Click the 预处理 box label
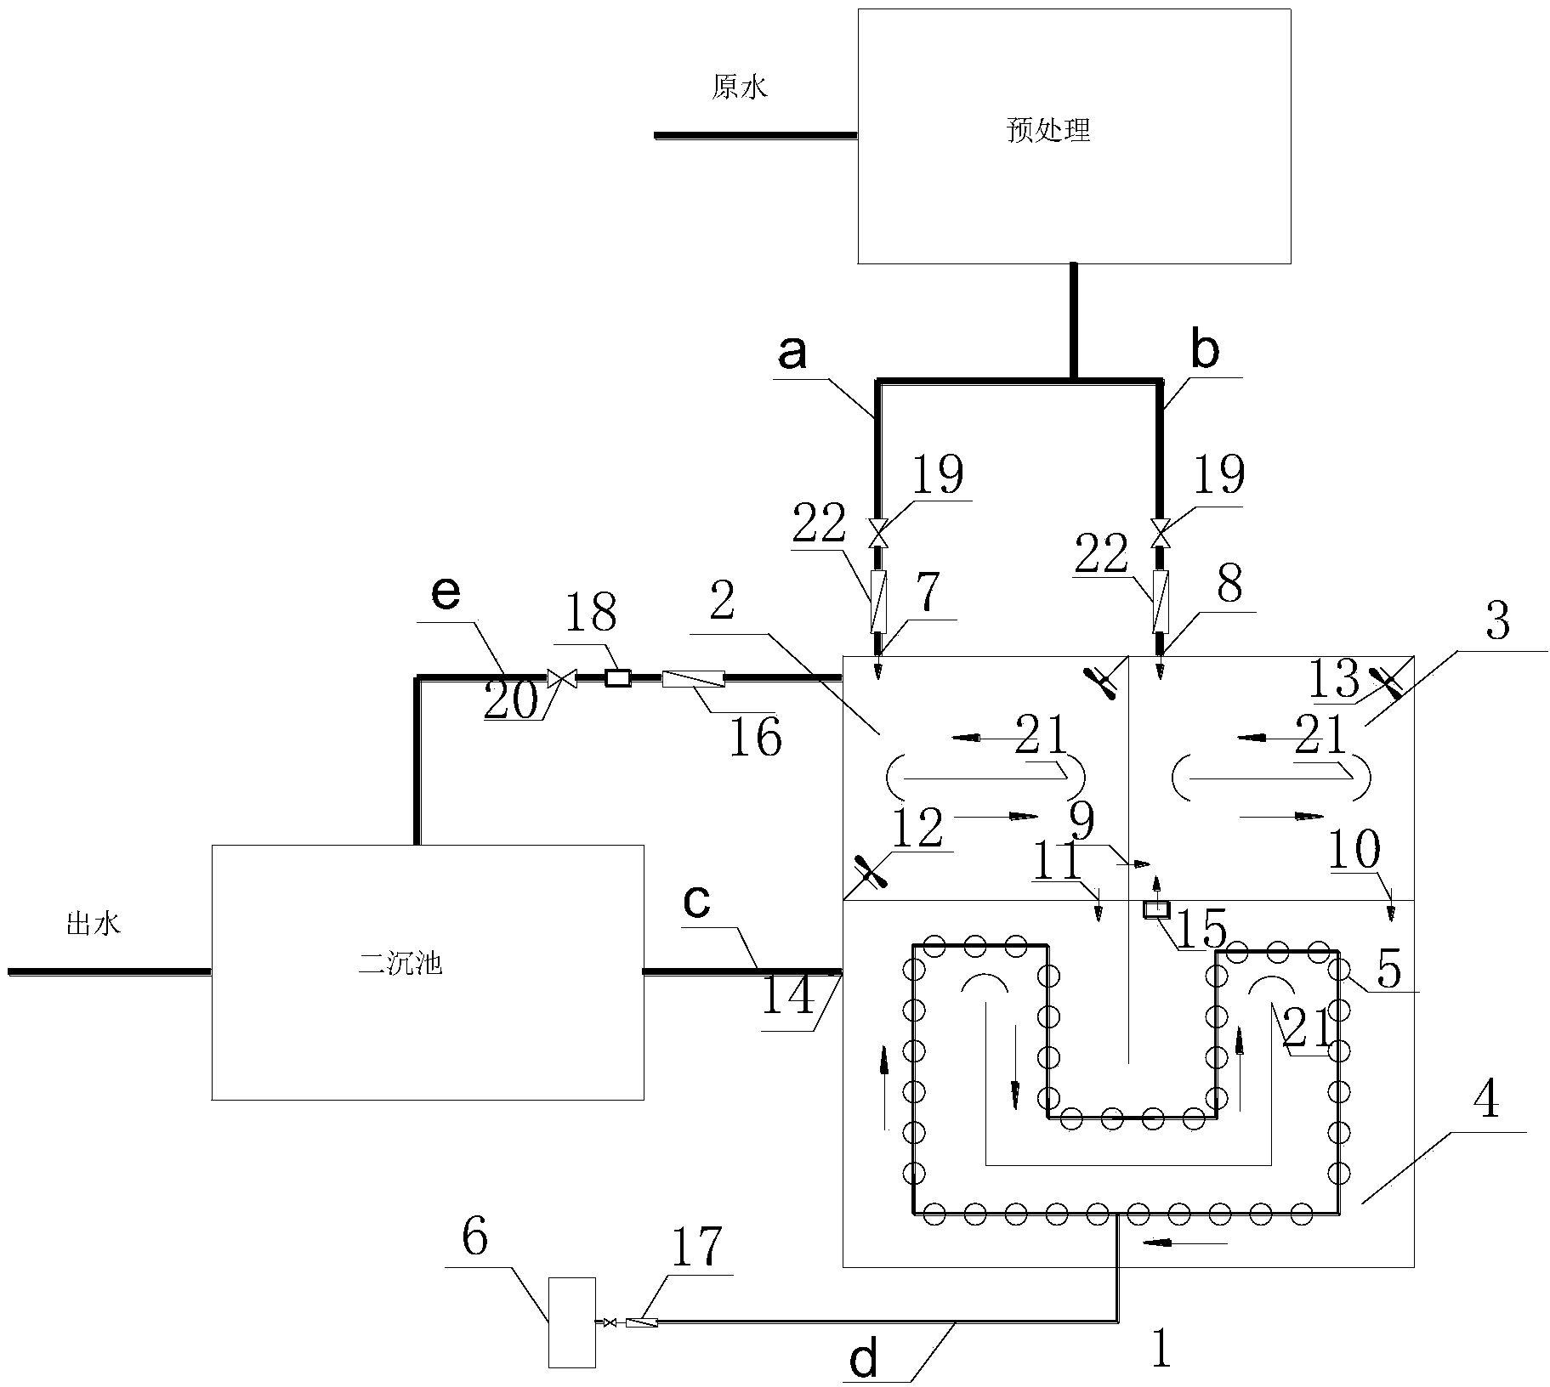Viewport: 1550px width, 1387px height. tap(1048, 131)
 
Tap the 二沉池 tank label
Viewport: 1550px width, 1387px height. tap(400, 965)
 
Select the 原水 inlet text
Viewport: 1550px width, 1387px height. tap(739, 88)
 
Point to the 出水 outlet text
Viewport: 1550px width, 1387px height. tap(94, 924)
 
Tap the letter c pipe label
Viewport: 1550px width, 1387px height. tap(696, 903)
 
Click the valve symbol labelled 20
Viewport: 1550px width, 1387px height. tap(561, 678)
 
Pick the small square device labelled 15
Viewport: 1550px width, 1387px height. tap(1155, 909)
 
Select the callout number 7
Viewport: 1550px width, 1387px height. tap(928, 592)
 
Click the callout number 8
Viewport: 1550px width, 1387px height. tap(1229, 585)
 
